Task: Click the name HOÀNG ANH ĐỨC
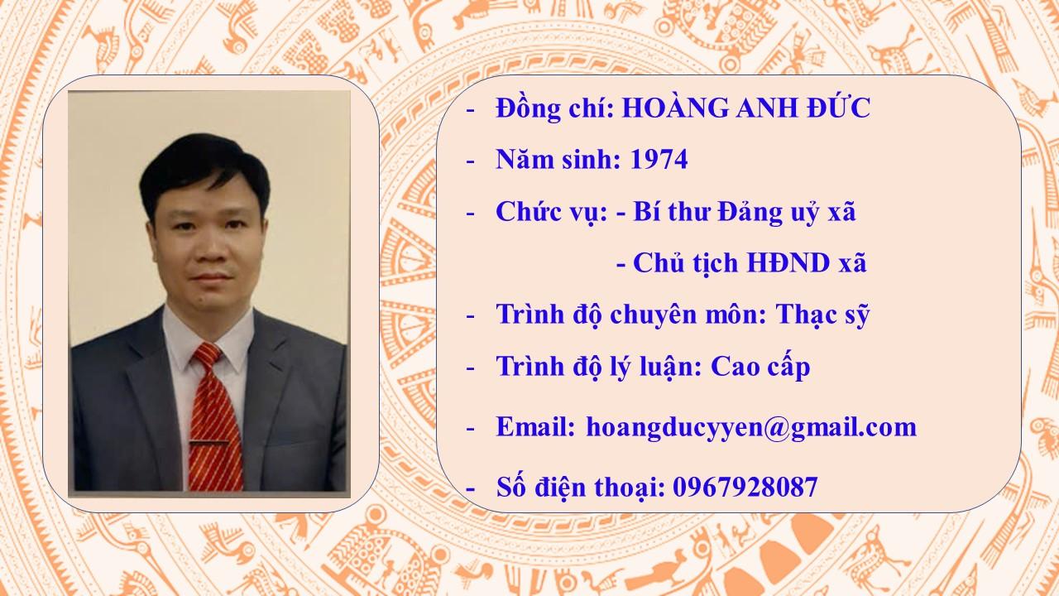[x=745, y=107]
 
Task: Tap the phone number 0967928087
[x=745, y=487]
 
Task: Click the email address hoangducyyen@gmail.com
[x=751, y=428]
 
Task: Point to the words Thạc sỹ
[x=822, y=315]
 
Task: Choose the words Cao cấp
[x=760, y=366]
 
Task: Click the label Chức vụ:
[x=551, y=211]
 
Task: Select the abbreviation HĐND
[x=788, y=262]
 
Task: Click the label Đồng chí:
[x=554, y=108]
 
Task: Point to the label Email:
[x=535, y=426]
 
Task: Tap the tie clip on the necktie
[x=209, y=442]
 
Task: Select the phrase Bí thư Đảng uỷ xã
[x=744, y=212]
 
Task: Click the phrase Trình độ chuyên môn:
[x=631, y=315]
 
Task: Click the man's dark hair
[x=204, y=171]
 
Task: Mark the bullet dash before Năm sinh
[x=470, y=161]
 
